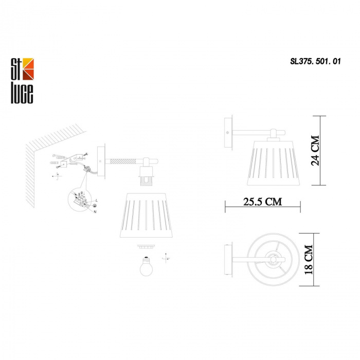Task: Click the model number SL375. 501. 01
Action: coord(315,62)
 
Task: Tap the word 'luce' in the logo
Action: coord(22,93)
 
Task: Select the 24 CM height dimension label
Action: coord(315,150)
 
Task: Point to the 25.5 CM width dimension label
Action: coord(262,202)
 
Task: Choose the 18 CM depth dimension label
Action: coord(309,259)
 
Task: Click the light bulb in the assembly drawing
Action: coord(146,266)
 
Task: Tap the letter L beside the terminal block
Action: coord(97,201)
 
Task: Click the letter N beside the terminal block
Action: coord(95,212)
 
